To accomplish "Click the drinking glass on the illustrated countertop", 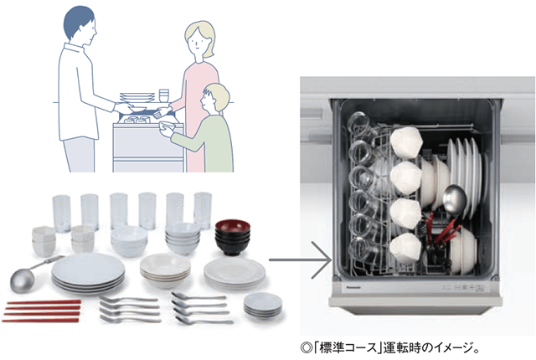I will point(164,93).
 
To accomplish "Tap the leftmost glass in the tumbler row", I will point(61,210).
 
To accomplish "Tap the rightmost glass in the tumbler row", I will point(203,208).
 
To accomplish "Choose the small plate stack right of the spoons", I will point(262,305).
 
